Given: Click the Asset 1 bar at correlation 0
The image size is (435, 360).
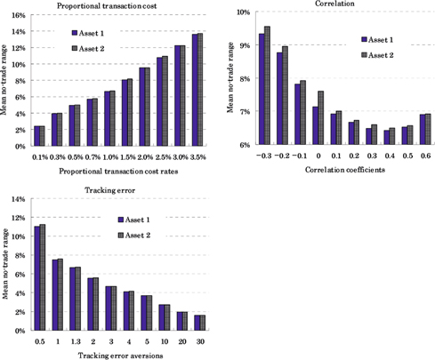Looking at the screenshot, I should point(314,125).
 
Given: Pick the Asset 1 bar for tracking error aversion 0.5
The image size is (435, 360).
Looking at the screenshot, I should point(37,278).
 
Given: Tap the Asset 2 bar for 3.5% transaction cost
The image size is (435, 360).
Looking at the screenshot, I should point(200,88).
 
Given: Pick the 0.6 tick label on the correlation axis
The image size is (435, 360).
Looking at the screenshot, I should point(425,156).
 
